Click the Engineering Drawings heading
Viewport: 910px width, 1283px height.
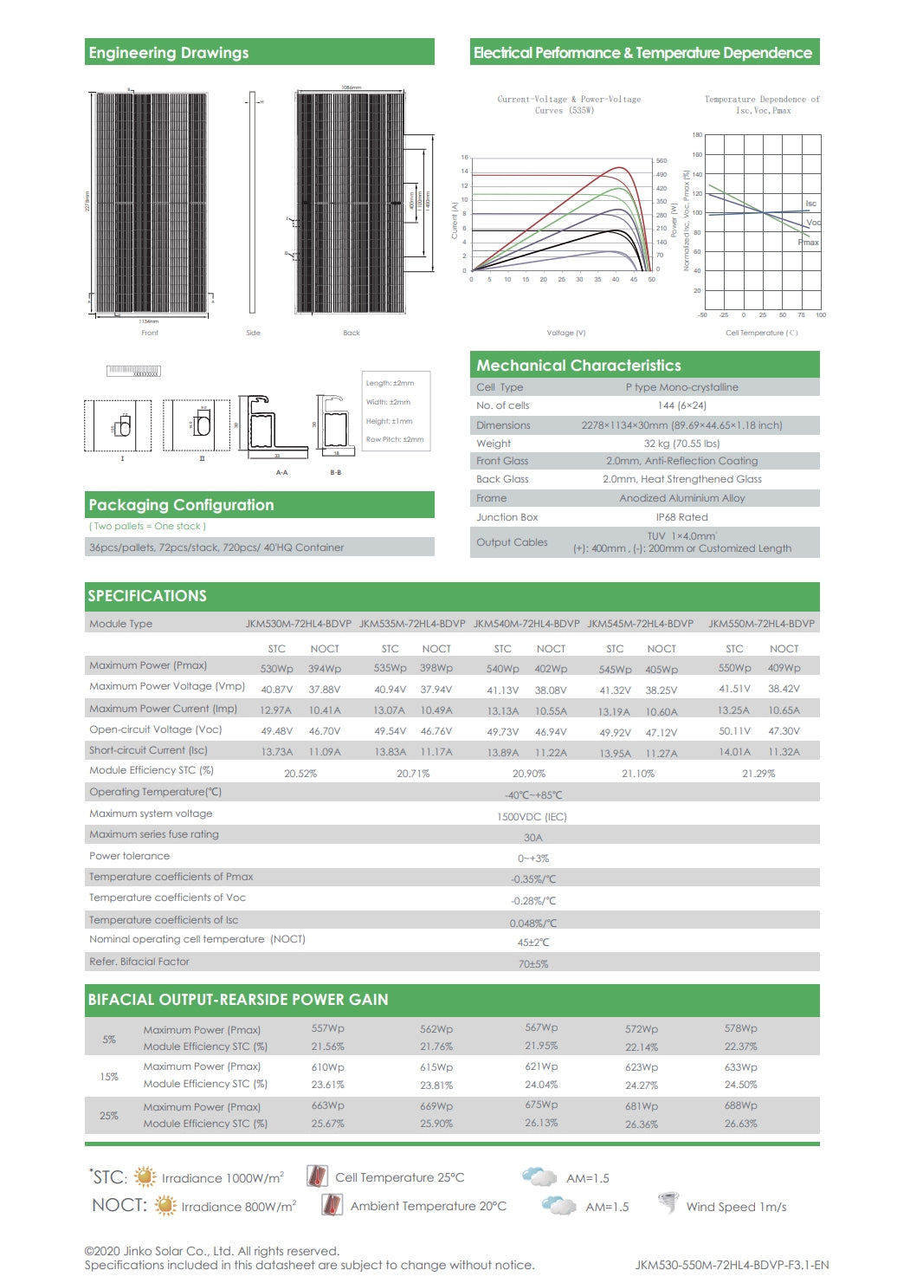tap(169, 53)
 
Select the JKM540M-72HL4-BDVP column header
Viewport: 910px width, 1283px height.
tap(526, 624)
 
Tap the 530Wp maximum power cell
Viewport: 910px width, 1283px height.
tap(277, 669)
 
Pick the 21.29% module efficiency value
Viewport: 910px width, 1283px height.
tap(758, 774)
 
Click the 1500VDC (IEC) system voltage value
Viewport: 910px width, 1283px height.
tap(532, 817)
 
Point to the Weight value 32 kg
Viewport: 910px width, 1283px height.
tap(681, 444)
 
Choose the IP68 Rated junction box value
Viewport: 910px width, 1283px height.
tap(681, 517)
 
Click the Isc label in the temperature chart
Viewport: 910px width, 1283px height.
tap(810, 204)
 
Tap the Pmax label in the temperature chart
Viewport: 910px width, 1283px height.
tap(808, 243)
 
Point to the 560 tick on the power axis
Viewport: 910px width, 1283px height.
tap(662, 161)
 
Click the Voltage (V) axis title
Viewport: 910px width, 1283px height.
tap(566, 333)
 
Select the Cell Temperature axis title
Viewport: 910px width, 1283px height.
tap(761, 333)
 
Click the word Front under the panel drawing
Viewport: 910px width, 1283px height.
tap(150, 333)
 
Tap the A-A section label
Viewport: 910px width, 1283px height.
tap(281, 472)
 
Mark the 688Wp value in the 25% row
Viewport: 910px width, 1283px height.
tap(740, 1105)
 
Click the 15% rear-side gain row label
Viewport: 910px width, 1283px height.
tap(109, 1077)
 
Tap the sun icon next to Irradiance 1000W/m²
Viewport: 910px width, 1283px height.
tap(145, 1176)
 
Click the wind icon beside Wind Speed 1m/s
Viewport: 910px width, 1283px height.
tap(668, 1203)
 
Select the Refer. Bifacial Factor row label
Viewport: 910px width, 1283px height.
tap(139, 962)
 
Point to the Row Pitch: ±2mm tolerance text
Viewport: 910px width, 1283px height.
tap(395, 439)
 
